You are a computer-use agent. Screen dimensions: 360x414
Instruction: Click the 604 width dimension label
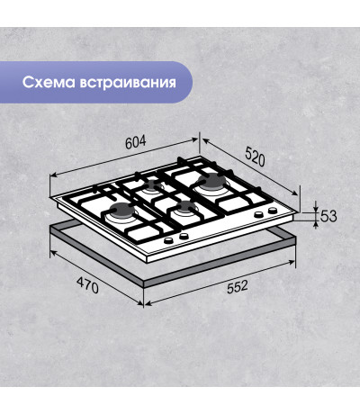[x=136, y=142]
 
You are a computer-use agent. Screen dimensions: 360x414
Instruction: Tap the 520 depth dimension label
[x=256, y=156]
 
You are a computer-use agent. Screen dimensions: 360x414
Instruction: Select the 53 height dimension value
[x=328, y=216]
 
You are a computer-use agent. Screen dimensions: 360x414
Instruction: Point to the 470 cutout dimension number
[x=87, y=285]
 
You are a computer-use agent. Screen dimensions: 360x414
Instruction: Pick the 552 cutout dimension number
[x=238, y=286]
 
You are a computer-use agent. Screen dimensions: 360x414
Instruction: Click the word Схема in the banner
[x=49, y=83]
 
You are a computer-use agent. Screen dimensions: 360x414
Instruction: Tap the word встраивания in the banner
[x=128, y=83]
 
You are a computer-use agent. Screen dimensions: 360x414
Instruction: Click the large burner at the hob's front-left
[x=121, y=210]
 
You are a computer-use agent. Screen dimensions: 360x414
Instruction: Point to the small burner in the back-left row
[x=155, y=184]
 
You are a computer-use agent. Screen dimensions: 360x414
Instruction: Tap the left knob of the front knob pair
[x=169, y=240]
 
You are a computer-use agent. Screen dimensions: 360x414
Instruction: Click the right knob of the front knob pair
[x=184, y=237]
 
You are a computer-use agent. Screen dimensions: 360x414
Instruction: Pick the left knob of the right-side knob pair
[x=258, y=214]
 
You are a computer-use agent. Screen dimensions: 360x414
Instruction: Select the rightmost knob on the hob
[x=273, y=211]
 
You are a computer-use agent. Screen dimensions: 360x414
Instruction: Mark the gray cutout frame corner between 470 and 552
[x=144, y=284]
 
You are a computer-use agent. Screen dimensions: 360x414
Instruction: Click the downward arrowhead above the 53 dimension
[x=315, y=209]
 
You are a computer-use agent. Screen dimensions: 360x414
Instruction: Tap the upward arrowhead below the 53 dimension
[x=315, y=224]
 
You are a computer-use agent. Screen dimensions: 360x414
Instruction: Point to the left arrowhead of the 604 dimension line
[x=53, y=175]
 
